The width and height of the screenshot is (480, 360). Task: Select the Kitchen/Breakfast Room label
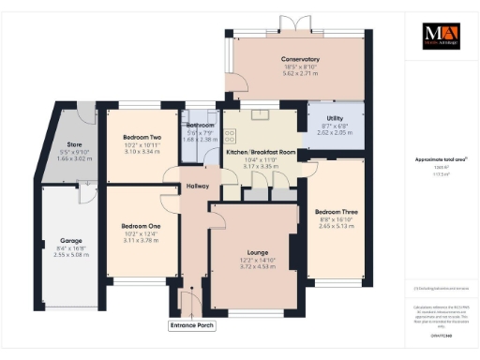tap(262, 152)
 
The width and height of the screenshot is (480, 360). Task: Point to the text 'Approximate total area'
tap(437, 159)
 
